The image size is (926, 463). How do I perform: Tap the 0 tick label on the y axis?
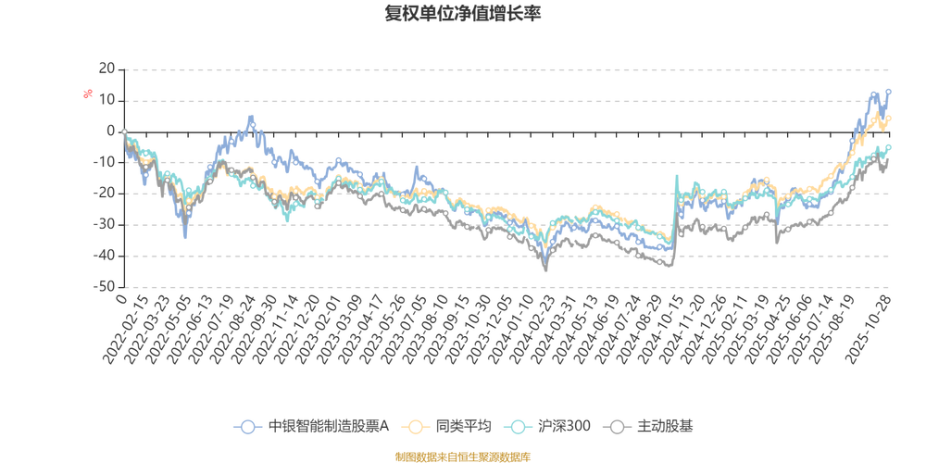coord(110,131)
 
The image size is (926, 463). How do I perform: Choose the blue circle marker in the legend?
coord(247,427)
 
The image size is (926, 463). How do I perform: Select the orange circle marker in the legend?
coord(415,427)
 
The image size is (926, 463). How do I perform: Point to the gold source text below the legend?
coord(462,455)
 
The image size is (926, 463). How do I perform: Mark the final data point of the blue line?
coord(888,90)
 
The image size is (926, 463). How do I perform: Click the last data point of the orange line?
coord(890,118)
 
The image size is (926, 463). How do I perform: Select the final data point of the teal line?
coord(890,145)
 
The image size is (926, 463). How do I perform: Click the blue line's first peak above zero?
coord(251,118)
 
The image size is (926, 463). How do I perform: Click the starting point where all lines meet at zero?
coord(123,131)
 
